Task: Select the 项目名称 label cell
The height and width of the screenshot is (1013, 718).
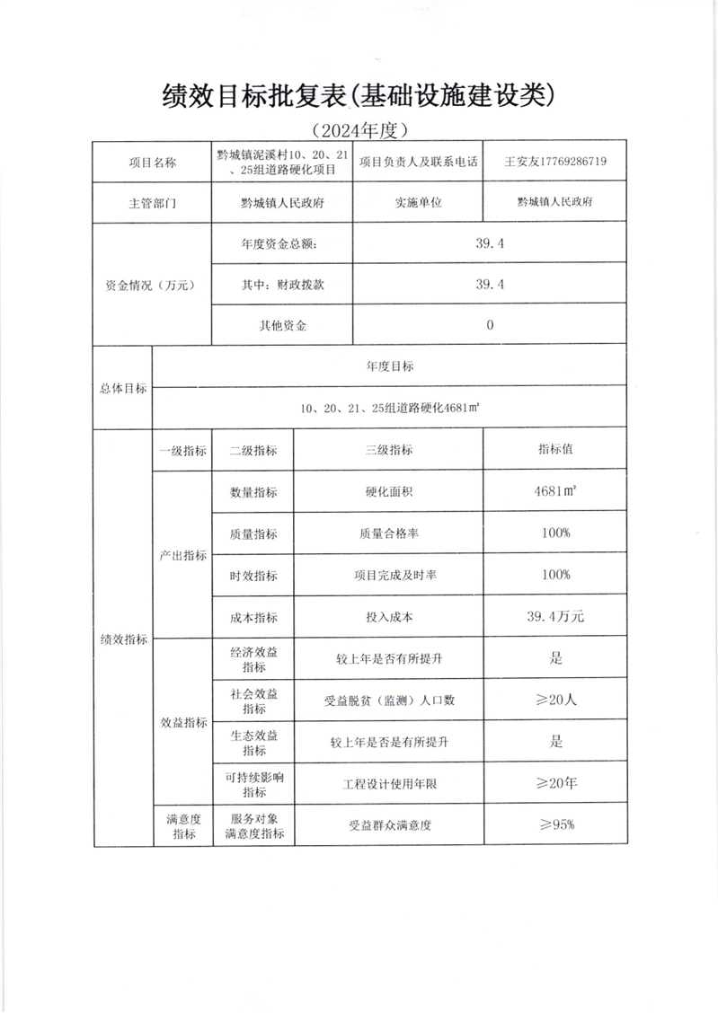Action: tap(151, 163)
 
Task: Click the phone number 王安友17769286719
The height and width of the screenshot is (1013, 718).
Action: tap(555, 163)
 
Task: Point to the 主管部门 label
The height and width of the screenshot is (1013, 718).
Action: tap(151, 203)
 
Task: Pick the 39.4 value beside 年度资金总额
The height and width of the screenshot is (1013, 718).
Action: tap(490, 243)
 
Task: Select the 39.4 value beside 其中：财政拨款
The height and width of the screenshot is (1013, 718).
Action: tap(490, 284)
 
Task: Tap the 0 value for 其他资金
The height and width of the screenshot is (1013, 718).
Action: tap(490, 325)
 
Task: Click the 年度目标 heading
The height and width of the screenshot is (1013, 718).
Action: tap(390, 366)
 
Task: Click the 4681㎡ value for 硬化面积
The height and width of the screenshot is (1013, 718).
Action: tap(555, 492)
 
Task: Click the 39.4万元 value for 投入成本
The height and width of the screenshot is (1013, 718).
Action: tap(555, 617)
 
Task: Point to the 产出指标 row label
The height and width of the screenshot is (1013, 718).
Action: tap(182, 555)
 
